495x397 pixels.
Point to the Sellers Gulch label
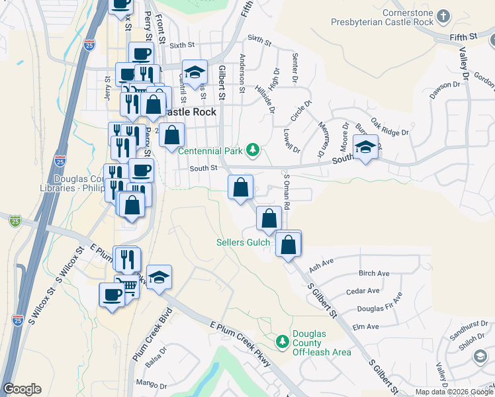click(244, 242)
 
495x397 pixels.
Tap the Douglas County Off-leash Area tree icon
click(283, 341)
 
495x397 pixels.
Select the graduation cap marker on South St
click(365, 148)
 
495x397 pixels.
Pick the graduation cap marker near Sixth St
click(195, 73)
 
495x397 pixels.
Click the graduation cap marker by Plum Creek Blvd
click(159, 278)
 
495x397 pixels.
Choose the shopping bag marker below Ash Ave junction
click(289, 244)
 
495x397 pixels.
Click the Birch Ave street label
click(374, 273)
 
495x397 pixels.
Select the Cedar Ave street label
click(363, 290)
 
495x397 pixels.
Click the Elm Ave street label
click(365, 326)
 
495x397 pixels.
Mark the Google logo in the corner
click(22, 389)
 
